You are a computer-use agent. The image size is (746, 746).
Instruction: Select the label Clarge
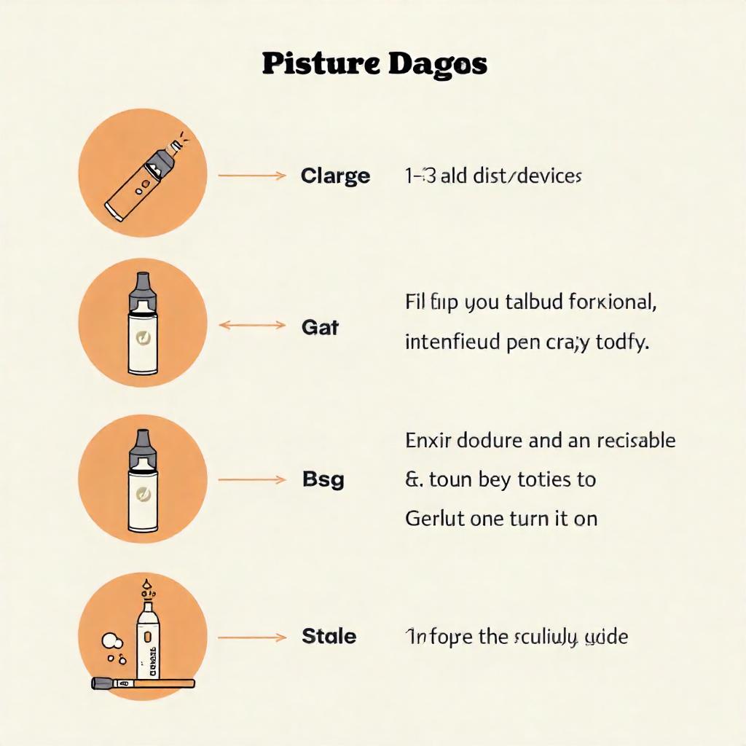(335, 176)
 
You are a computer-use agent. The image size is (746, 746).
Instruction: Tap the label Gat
(320, 328)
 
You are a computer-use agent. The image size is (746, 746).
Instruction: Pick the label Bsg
(323, 480)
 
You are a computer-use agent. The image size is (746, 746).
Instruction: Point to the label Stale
(329, 637)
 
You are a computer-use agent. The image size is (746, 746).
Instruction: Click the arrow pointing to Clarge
(251, 176)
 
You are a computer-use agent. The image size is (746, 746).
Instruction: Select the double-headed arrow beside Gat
(252, 326)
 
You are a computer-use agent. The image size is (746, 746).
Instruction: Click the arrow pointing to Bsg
(251, 479)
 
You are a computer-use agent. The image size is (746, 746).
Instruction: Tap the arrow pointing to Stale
(251, 637)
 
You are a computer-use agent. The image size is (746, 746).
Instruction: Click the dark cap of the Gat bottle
(142, 289)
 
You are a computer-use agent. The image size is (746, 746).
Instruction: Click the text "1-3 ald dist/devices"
(492, 176)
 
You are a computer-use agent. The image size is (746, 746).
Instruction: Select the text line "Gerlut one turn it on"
(500, 518)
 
